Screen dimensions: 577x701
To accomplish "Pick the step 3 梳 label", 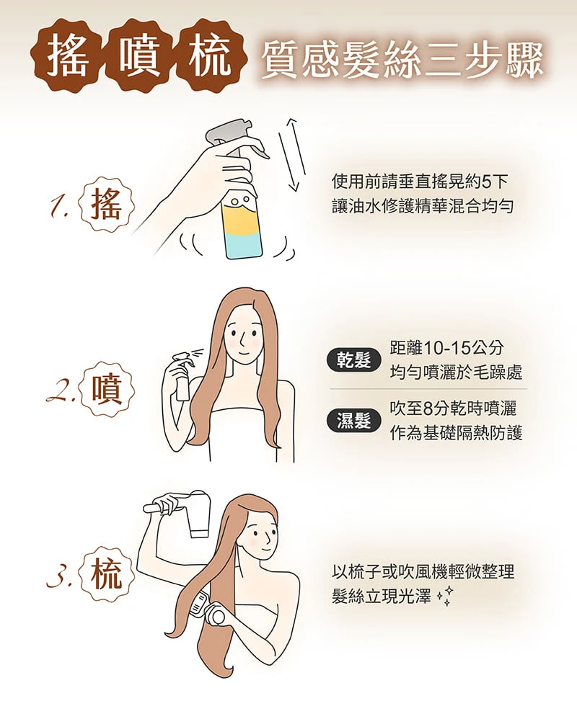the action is click(107, 574).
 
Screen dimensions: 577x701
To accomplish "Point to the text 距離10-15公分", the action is click(446, 347).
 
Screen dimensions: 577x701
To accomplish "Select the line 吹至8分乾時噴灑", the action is click(453, 408).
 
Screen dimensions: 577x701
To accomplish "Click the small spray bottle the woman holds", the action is click(181, 377).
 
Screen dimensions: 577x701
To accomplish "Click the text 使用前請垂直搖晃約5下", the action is click(420, 182).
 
